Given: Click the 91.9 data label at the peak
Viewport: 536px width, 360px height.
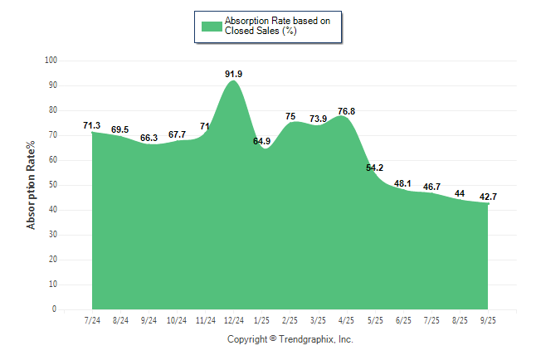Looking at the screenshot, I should (234, 75).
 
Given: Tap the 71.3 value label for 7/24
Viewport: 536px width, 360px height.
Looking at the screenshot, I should (92, 125).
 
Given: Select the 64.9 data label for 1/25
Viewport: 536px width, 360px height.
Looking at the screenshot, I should (262, 142).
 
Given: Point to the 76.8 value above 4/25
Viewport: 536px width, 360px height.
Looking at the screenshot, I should (347, 111).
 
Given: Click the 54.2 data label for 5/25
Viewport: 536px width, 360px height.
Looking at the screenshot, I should (375, 168).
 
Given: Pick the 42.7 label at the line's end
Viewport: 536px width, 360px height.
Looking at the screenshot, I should (487, 197).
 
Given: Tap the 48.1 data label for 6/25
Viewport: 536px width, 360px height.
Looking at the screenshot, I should (403, 183).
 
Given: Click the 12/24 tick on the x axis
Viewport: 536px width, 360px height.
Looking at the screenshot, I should (234, 319).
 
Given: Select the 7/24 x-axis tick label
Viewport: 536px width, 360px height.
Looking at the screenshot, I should (92, 319).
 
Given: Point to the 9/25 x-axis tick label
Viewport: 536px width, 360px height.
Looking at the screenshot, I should (488, 319).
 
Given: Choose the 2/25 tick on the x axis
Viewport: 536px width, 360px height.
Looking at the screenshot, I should (290, 319).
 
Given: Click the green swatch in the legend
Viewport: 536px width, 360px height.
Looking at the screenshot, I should (212, 26).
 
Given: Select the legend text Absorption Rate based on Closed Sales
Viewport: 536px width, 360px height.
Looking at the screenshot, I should (271, 26).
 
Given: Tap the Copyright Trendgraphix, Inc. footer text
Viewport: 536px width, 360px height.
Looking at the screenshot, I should (290, 339).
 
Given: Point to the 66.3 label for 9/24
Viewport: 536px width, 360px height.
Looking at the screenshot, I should (149, 138).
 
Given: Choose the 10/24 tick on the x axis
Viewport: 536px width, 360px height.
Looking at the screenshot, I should (177, 319).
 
